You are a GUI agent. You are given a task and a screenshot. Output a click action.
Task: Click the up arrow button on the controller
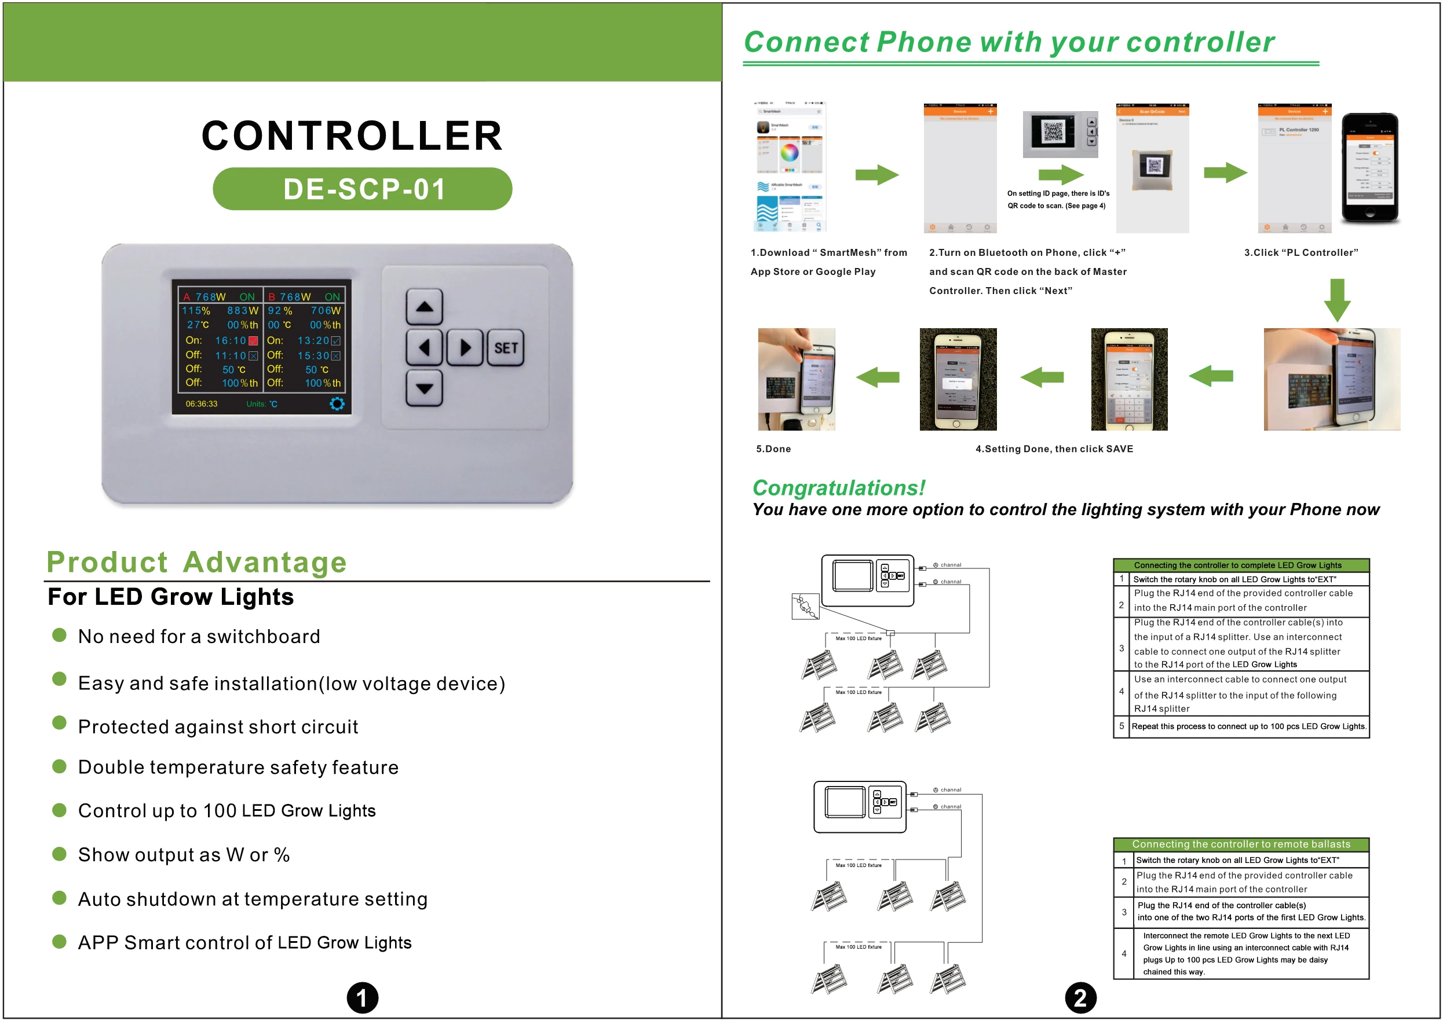(x=425, y=307)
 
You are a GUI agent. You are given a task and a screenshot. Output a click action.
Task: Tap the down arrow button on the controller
(x=425, y=388)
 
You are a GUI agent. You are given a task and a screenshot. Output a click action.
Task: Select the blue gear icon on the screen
(x=337, y=403)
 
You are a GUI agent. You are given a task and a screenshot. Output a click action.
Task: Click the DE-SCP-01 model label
(x=363, y=189)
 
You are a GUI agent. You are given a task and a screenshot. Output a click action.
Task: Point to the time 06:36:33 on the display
(x=201, y=403)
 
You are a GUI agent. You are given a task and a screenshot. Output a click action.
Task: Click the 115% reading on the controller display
(x=196, y=311)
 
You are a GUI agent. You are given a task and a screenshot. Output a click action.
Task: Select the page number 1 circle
(x=362, y=998)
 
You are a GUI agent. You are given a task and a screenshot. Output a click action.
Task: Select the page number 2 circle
(x=1080, y=998)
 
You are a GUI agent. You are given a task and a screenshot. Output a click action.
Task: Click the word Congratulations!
(x=838, y=488)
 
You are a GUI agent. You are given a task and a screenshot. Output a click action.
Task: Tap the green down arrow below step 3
(x=1338, y=300)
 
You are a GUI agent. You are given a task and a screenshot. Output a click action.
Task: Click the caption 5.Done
(x=773, y=449)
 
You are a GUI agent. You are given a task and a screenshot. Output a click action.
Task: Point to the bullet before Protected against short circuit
(x=59, y=723)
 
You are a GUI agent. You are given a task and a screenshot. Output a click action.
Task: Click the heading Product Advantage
(x=196, y=561)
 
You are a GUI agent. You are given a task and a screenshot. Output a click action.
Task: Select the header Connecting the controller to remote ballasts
(x=1240, y=844)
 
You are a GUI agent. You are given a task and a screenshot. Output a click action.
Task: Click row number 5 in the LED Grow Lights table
(x=1121, y=726)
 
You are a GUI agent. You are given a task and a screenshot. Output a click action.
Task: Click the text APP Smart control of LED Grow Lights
(x=244, y=942)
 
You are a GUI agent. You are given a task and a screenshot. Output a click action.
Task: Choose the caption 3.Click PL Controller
(x=1301, y=253)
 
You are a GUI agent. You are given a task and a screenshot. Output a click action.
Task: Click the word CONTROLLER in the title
(x=352, y=136)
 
